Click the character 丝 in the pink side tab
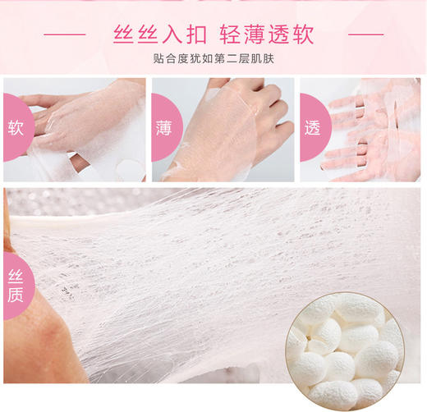point(15,277)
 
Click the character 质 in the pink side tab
point(15,298)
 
